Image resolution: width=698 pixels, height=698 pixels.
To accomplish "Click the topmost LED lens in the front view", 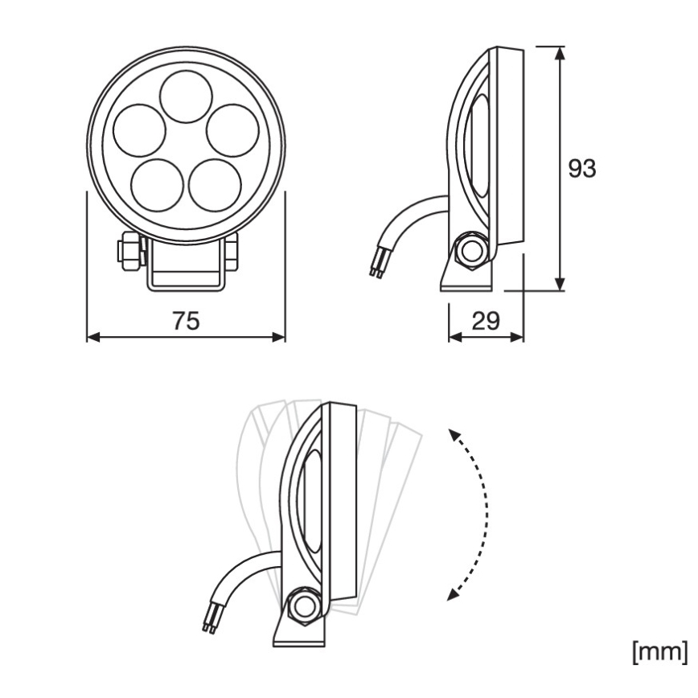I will [x=186, y=96].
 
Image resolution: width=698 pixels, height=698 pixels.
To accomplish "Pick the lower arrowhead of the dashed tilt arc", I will [x=453, y=594].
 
